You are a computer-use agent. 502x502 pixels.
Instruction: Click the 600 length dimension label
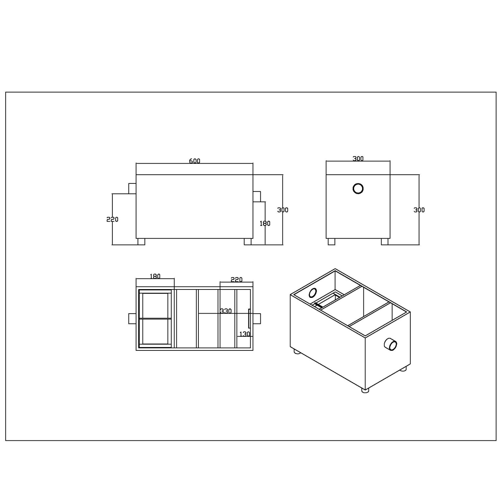[194, 161]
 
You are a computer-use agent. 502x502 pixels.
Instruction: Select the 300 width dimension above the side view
[358, 159]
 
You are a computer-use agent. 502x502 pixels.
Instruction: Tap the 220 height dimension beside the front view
[112, 220]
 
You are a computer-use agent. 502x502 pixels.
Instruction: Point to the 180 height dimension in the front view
[265, 224]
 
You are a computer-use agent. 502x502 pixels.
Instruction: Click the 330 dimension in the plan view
[226, 311]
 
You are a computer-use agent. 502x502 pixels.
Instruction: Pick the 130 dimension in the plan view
[245, 334]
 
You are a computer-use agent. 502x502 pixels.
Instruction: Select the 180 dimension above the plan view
[155, 276]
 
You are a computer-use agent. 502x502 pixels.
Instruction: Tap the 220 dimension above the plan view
[237, 280]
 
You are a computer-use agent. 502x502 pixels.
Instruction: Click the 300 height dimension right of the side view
[419, 210]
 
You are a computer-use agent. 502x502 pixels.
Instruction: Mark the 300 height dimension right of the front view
[282, 210]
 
